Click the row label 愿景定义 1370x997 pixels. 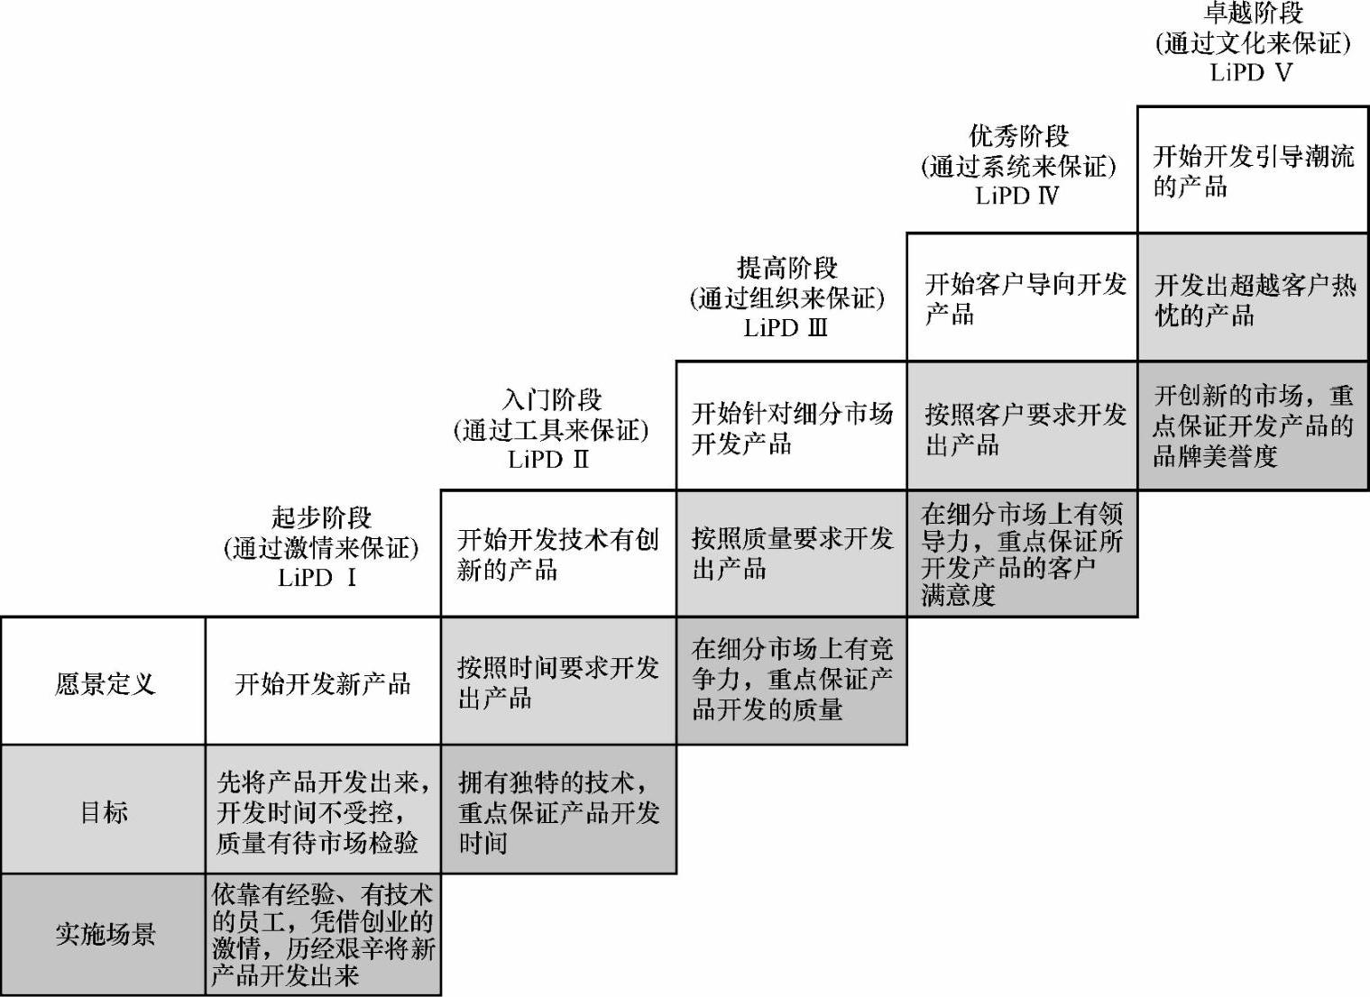click(104, 683)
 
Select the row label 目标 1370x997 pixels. click(104, 811)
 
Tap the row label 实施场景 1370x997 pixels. click(104, 934)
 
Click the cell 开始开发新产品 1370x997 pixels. click(322, 683)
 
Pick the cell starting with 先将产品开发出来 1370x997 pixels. click(322, 811)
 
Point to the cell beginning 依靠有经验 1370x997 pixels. click(322, 934)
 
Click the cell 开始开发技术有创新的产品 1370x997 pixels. click(557, 553)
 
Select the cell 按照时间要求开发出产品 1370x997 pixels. click(557, 681)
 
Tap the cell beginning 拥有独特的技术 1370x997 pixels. click(557, 811)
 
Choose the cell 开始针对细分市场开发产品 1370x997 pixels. click(791, 427)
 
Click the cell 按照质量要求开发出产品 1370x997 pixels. click(791, 553)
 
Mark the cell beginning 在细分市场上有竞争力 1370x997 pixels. click(791, 679)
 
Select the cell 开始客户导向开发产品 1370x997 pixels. click(1022, 298)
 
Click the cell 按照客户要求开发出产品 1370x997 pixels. click(1022, 427)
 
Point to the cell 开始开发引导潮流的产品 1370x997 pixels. click(1253, 170)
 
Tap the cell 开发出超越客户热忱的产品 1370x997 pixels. click(1253, 299)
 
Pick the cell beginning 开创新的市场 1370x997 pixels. click(1253, 425)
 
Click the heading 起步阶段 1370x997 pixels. click(321, 517)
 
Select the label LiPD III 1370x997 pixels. click(786, 328)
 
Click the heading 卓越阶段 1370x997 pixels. click(1253, 13)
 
